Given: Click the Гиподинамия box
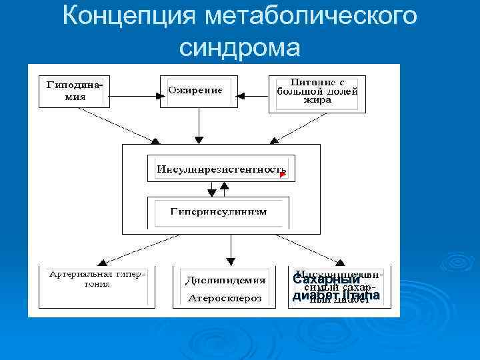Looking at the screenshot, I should pyautogui.click(x=74, y=90).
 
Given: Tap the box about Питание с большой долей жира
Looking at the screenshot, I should pyautogui.click(x=317, y=93).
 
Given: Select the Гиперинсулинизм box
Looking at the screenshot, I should pyautogui.click(x=219, y=212).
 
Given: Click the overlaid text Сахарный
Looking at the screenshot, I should pyautogui.click(x=322, y=281).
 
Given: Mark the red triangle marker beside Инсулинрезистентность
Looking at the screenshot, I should pyautogui.click(x=283, y=175).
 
